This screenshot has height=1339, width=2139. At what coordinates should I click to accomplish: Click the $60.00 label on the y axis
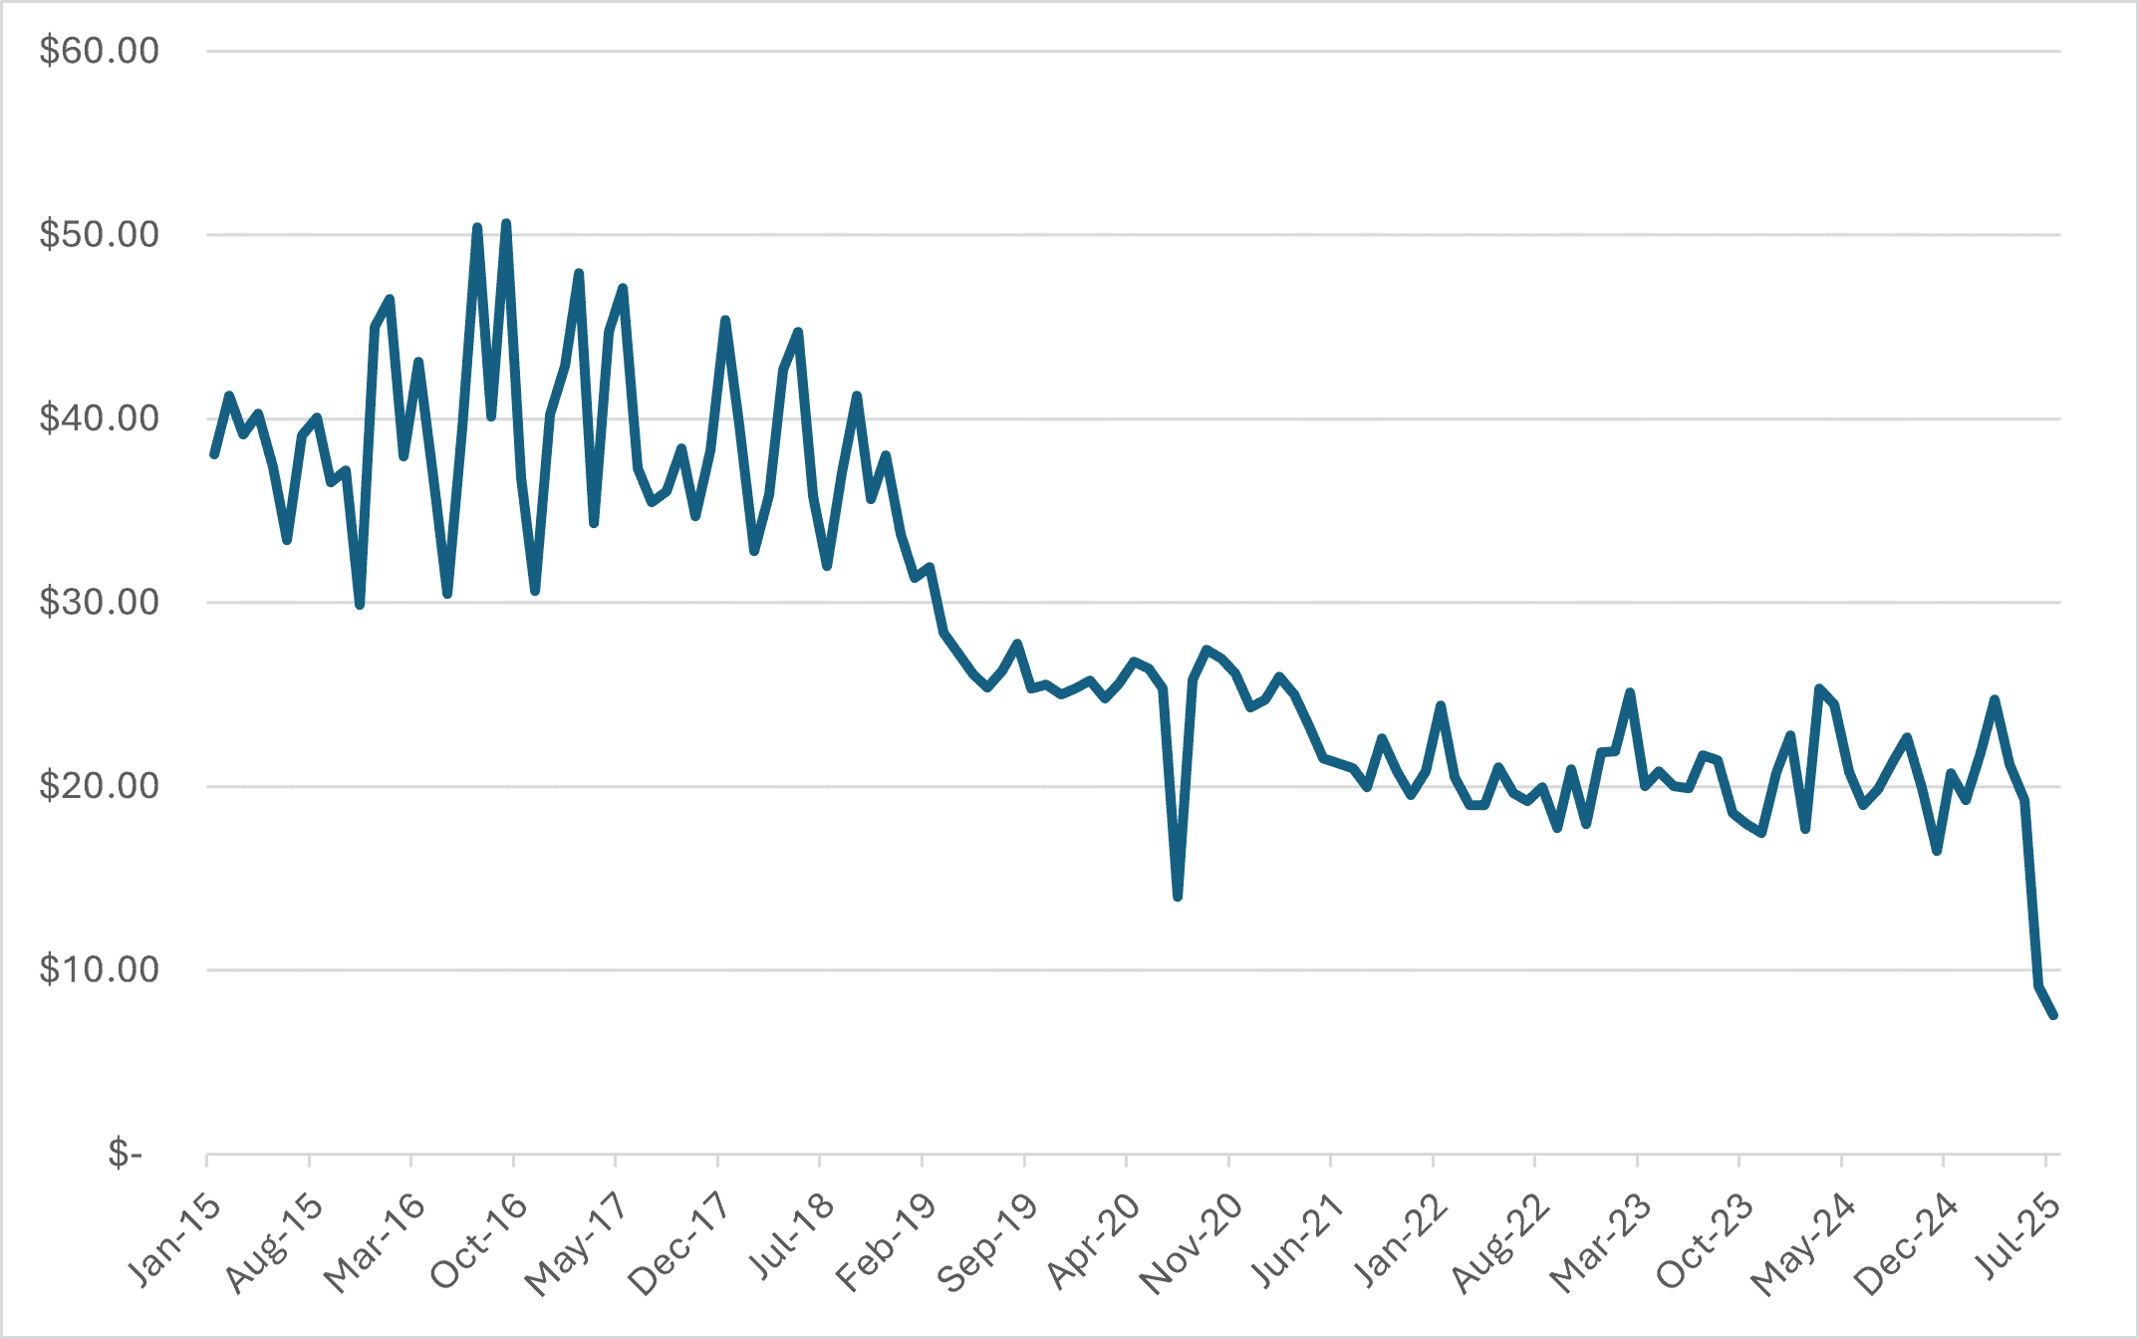point(99,51)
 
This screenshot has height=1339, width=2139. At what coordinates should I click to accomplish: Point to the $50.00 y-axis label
point(99,235)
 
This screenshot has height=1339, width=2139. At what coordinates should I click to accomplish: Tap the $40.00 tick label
point(99,418)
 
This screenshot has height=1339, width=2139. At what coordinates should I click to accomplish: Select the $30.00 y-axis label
point(99,602)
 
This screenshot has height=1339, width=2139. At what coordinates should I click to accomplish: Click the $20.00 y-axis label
point(99,786)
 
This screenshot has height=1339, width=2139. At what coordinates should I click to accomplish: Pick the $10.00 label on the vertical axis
point(99,969)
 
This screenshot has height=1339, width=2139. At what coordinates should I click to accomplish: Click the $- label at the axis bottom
point(126,1154)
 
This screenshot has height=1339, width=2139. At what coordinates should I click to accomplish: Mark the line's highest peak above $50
point(506,224)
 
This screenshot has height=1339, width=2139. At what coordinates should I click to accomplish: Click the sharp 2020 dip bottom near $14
point(1178,897)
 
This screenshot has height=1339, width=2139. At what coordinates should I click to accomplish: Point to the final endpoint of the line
point(2053,1015)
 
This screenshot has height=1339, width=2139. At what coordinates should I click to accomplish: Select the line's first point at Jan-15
point(214,454)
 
